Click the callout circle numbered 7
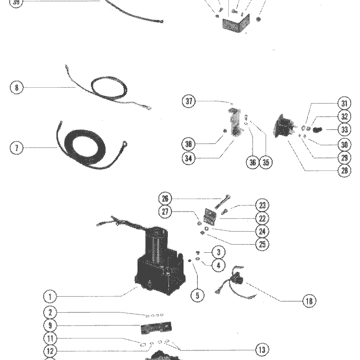(x=17, y=148)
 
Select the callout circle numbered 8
(x=17, y=87)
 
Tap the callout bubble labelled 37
(x=189, y=101)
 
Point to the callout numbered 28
(x=344, y=171)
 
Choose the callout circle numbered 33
(x=344, y=130)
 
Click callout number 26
(x=165, y=199)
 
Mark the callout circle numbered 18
(x=309, y=301)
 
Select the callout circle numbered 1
(x=50, y=297)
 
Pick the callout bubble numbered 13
(x=262, y=350)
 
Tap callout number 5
(x=197, y=296)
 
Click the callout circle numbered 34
(x=189, y=158)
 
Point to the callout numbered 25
(x=262, y=244)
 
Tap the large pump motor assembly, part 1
(x=160, y=262)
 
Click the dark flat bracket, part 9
(x=156, y=328)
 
